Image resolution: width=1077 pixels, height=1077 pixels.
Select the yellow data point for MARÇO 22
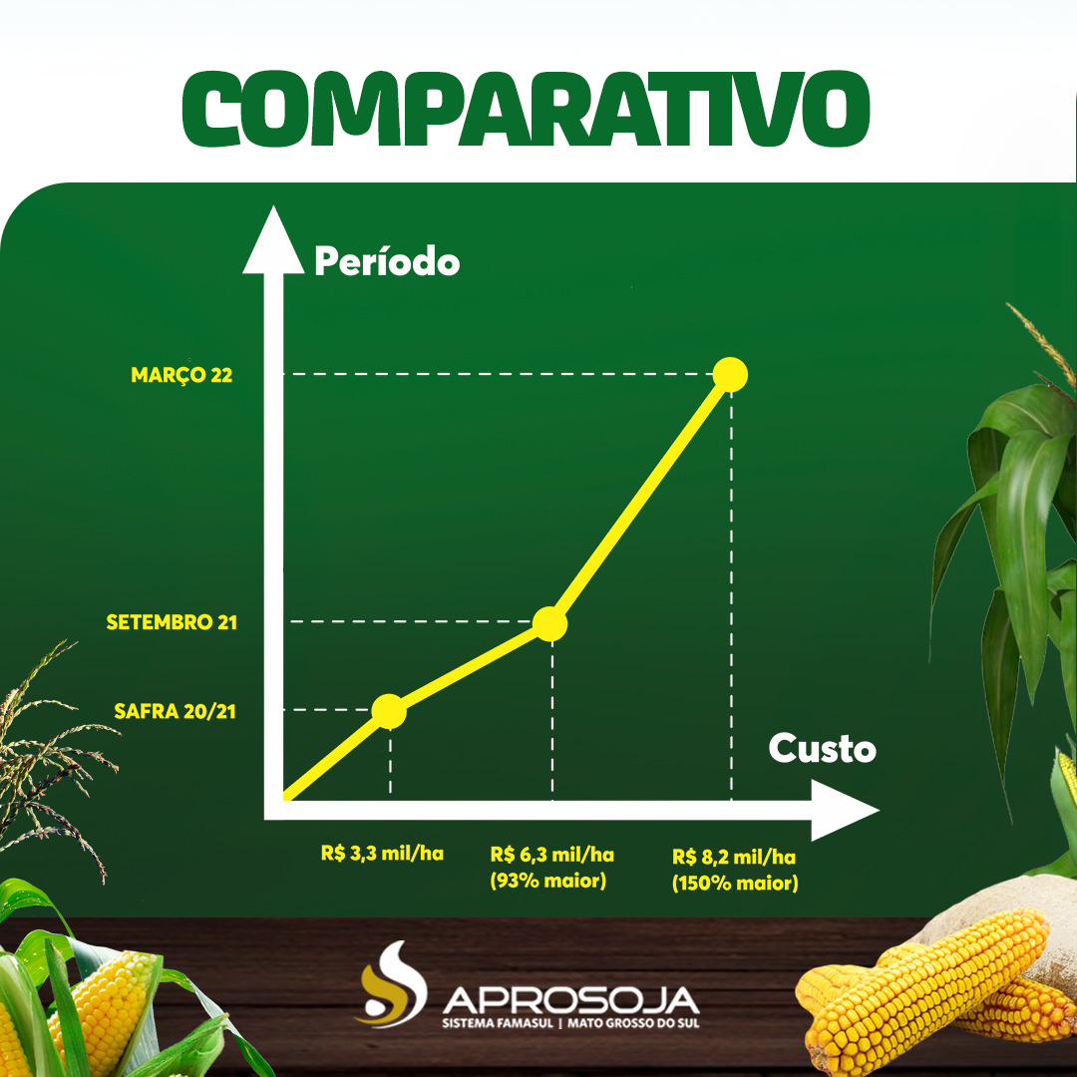(x=730, y=374)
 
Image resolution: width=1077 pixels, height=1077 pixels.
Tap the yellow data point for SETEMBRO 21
(x=549, y=623)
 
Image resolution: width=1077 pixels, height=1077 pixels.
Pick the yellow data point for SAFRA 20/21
(x=389, y=711)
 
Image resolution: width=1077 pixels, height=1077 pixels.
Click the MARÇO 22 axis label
(x=181, y=376)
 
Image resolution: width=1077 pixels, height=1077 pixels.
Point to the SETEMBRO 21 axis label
(x=173, y=623)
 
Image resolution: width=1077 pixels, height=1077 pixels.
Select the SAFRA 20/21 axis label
(x=176, y=712)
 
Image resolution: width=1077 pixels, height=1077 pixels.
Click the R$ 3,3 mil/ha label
(x=382, y=854)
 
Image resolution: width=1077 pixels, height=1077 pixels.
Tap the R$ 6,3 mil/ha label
(x=551, y=855)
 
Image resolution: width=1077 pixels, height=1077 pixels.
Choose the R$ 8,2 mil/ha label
(x=734, y=857)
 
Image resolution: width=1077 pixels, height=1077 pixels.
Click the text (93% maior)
(x=548, y=882)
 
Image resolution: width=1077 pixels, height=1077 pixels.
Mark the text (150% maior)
(x=735, y=884)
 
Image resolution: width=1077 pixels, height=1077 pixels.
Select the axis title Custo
(x=822, y=749)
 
